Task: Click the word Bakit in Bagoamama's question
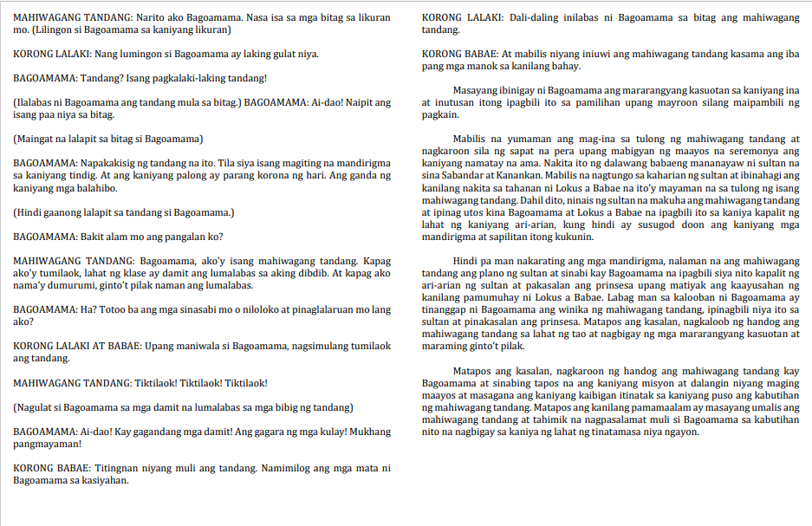click(x=94, y=236)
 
